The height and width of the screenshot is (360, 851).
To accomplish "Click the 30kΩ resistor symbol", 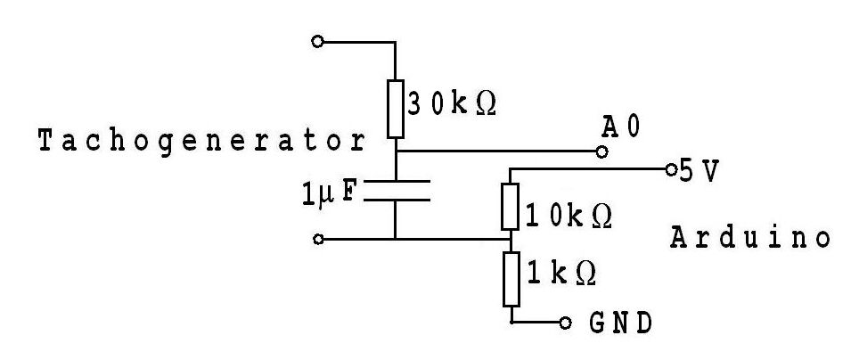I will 395,108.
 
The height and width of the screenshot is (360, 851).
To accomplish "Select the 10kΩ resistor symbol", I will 510,205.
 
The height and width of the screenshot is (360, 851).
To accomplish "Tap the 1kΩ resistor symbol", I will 511,279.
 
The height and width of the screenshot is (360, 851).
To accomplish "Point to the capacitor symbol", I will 395,190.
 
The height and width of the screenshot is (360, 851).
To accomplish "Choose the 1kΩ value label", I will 561,272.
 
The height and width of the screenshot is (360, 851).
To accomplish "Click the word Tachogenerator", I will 201,142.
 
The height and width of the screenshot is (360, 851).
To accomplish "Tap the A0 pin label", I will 620,129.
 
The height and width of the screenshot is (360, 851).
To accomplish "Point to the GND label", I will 620,322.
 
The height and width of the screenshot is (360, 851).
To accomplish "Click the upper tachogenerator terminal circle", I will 318,41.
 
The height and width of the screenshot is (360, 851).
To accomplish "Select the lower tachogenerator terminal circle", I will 318,239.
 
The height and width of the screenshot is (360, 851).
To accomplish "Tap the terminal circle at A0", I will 602,152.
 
